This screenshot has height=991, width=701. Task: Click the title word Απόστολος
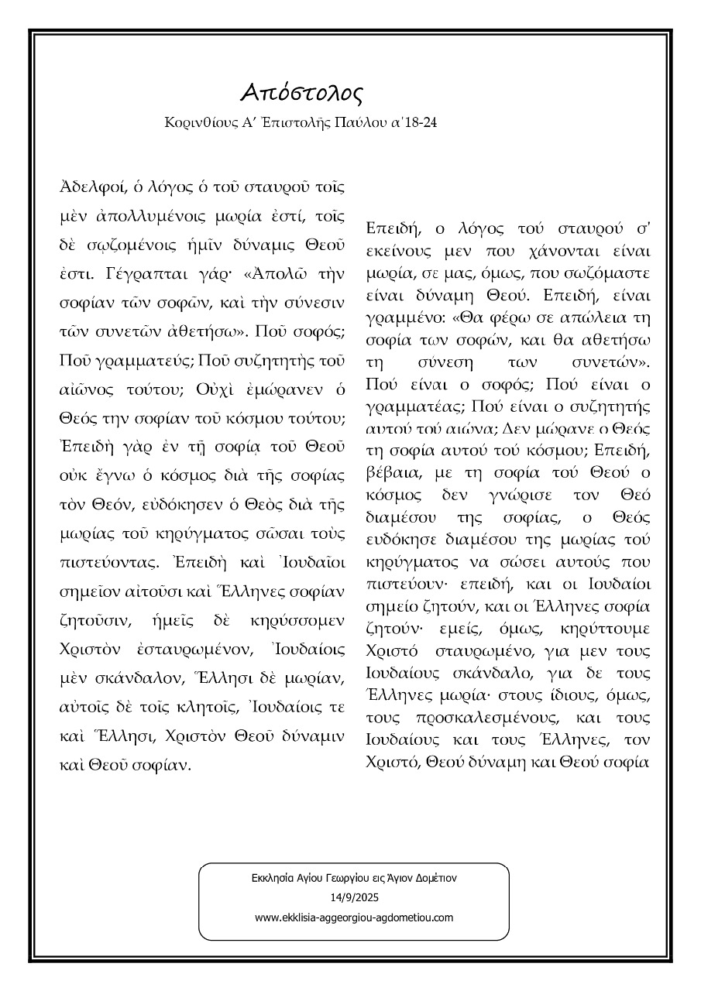[301, 92]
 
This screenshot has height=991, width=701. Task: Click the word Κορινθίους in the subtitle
[195, 124]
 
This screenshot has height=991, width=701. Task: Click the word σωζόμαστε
[609, 275]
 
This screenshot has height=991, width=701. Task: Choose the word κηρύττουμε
[607, 628]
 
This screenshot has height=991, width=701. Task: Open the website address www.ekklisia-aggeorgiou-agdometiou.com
[354, 917]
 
